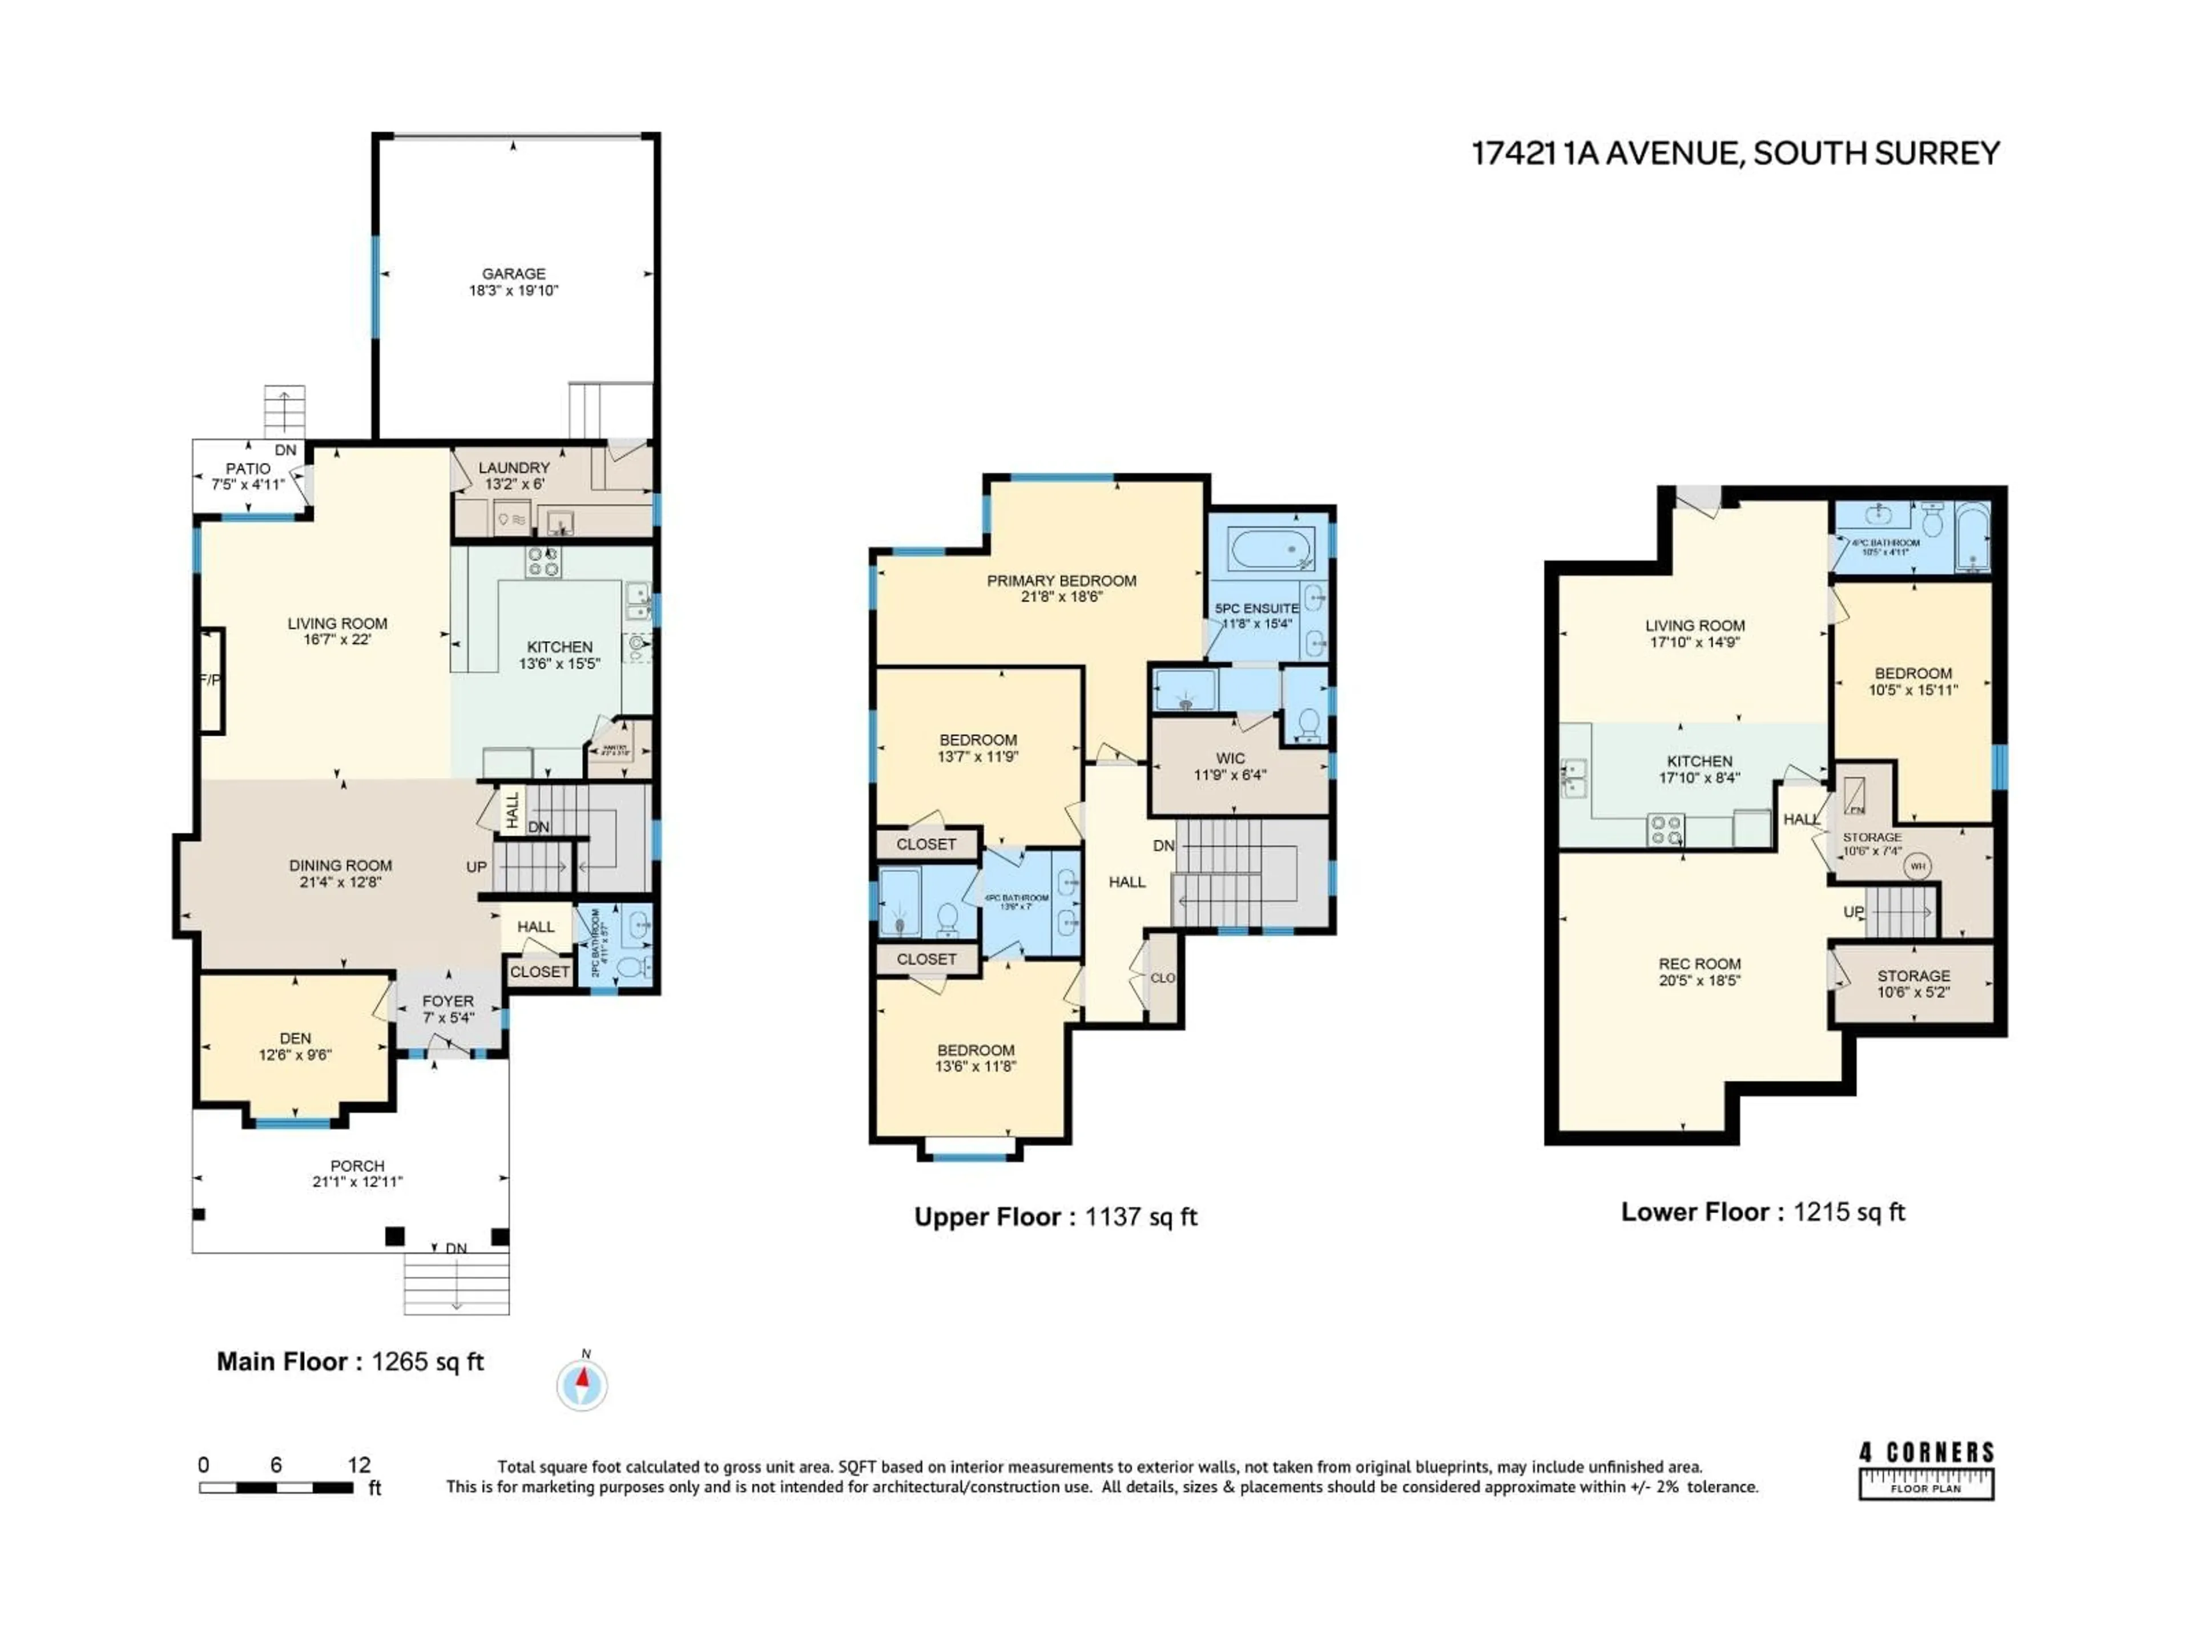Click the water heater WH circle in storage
coord(1917,866)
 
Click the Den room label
coord(295,1038)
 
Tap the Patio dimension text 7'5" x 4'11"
coord(248,485)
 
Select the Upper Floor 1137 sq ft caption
coord(1055,1217)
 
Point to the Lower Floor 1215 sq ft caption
coord(1762,1212)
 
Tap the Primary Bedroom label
coord(1061,581)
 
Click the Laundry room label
coord(513,468)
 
